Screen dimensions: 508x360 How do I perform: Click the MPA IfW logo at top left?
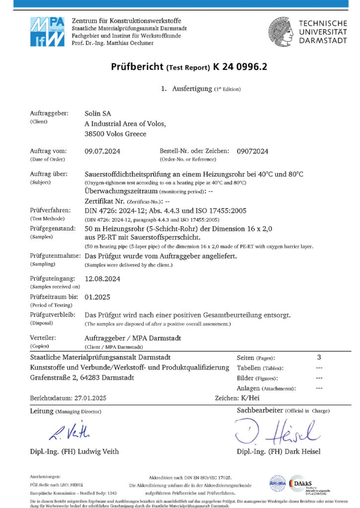tap(47, 32)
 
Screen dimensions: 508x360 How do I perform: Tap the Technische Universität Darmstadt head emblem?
tap(282, 31)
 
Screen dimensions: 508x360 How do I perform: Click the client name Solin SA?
tap(98, 114)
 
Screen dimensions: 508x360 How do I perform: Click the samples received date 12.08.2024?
tap(102, 279)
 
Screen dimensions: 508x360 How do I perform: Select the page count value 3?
tap(319, 357)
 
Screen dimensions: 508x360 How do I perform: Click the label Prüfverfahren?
tap(50, 210)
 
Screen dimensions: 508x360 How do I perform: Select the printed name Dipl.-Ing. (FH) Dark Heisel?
tap(279, 451)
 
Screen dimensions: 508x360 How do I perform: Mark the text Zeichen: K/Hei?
tap(236, 398)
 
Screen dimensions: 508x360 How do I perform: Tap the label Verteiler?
tap(43, 338)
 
